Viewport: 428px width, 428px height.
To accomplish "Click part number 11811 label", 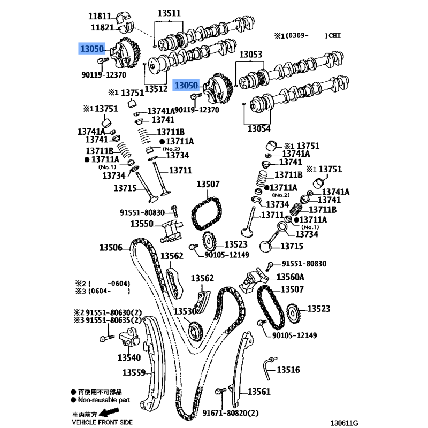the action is tap(100, 17).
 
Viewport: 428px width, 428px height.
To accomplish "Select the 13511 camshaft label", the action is tap(169, 13).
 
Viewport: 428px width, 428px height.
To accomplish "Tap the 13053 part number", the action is tap(250, 55).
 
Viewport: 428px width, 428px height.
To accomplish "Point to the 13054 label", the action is tap(259, 128).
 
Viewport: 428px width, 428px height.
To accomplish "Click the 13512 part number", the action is tap(156, 89).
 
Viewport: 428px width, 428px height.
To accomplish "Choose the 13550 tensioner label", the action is tap(142, 224).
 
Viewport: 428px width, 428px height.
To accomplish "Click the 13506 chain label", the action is tap(111, 248).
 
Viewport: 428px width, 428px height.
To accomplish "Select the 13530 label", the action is tap(185, 311).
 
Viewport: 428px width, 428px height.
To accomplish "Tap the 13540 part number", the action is tap(129, 357).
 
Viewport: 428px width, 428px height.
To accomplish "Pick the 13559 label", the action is tap(134, 372).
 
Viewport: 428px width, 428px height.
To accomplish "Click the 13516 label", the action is tap(288, 370).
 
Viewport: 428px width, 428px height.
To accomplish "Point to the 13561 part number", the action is tap(259, 392).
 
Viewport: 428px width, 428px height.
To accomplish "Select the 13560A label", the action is tap(290, 277).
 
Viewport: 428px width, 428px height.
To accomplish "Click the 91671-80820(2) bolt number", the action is tap(231, 413).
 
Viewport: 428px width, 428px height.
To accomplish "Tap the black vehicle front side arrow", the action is tap(109, 411).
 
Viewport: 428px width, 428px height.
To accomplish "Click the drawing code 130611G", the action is tap(344, 423).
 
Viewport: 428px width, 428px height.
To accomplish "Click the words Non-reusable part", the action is tap(104, 400).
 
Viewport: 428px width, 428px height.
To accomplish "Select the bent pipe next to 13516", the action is tap(269, 368).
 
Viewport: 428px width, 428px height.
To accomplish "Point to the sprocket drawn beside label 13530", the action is tap(195, 332).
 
